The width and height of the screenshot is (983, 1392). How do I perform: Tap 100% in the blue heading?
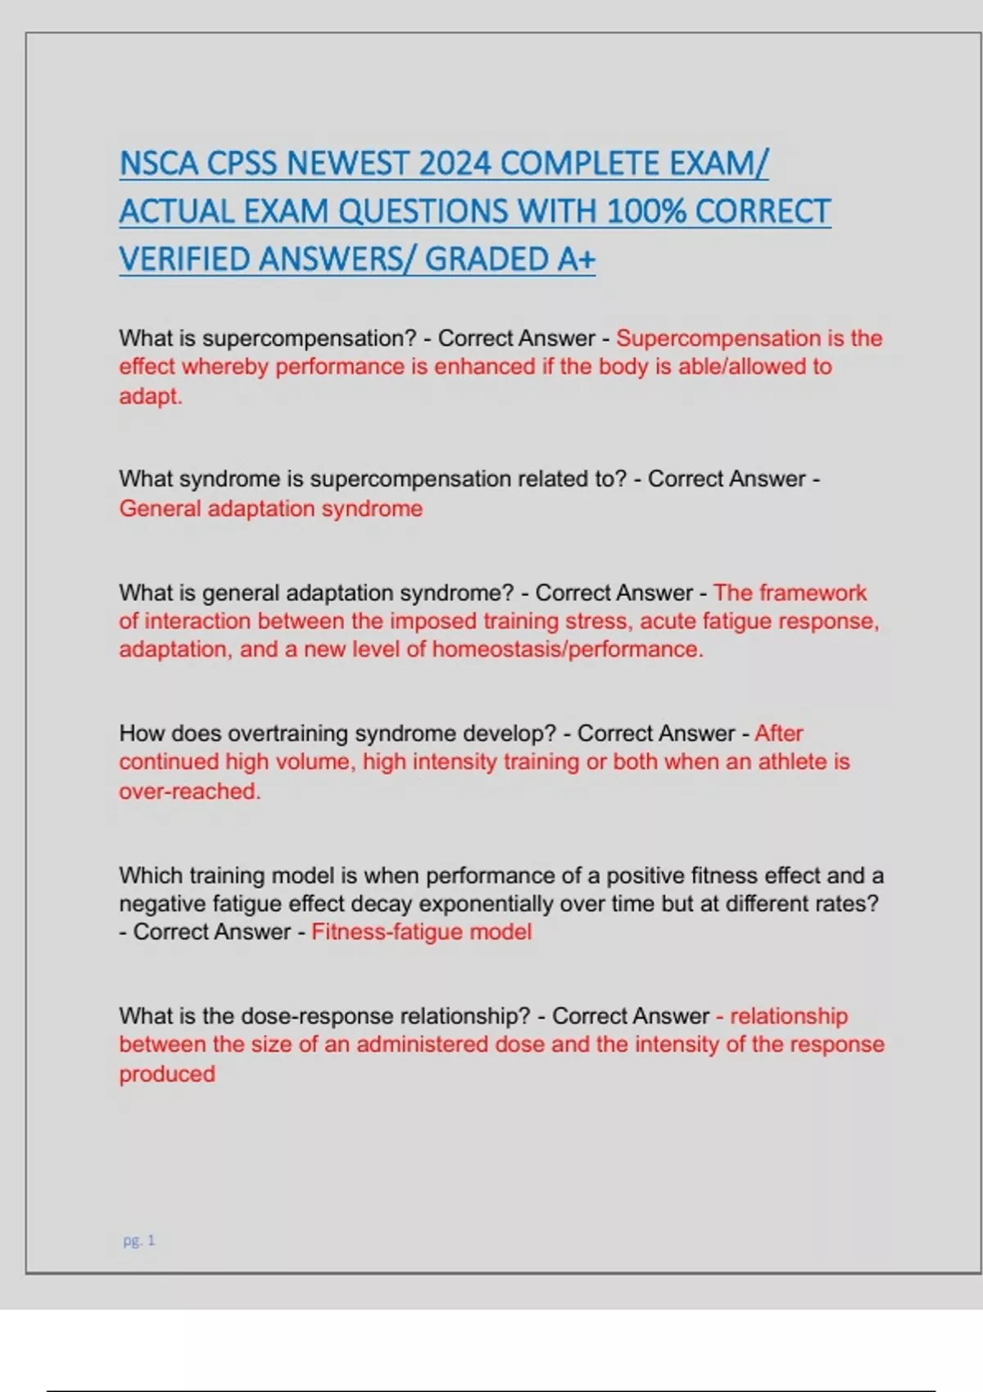coord(646,212)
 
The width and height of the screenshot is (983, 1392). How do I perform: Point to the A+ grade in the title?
coord(576,260)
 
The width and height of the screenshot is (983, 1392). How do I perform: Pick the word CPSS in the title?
coord(242,164)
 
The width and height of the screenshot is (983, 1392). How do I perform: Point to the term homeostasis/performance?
coord(567,649)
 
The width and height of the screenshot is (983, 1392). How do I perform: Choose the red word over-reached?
coord(189,791)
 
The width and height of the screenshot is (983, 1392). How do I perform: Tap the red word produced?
coord(167,1073)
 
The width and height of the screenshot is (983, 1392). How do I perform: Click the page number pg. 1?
coord(139,1241)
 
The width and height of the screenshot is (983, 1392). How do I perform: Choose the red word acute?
coord(663,621)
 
